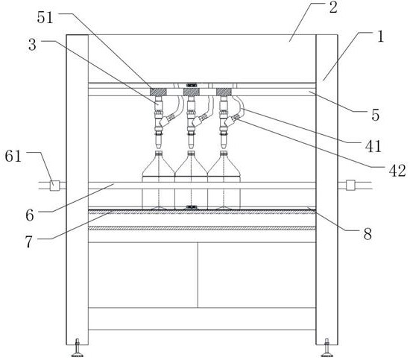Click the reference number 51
[45, 18]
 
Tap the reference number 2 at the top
[333, 7]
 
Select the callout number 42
[397, 171]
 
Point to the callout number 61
[13, 157]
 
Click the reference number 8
[368, 234]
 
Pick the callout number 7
[29, 241]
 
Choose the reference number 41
[373, 146]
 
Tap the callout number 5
[375, 115]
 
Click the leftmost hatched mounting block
[158, 92]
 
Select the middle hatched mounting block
[192, 92]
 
